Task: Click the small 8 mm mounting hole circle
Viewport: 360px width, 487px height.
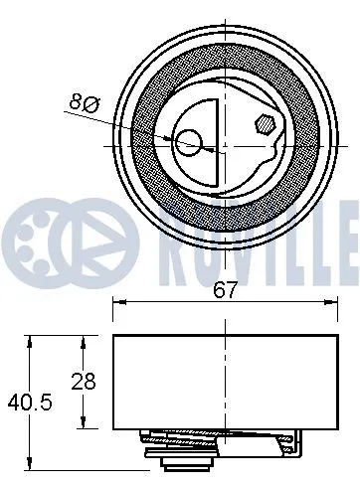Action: [189, 145]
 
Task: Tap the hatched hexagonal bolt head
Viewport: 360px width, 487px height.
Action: [265, 126]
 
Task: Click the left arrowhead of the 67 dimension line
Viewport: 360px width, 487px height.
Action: [118, 305]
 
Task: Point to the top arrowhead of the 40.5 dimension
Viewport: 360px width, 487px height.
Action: [33, 341]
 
